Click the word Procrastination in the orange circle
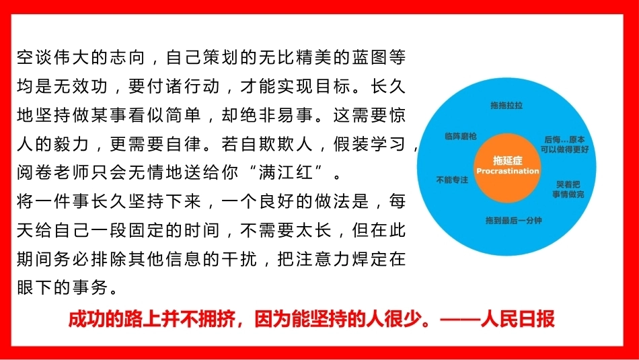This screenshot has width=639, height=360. pyautogui.click(x=507, y=171)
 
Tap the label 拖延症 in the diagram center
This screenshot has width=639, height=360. pyautogui.click(x=507, y=160)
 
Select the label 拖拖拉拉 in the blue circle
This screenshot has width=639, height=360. pyautogui.click(x=506, y=105)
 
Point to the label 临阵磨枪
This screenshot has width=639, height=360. pyautogui.click(x=461, y=136)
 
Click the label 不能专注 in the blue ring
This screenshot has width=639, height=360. pyautogui.click(x=452, y=180)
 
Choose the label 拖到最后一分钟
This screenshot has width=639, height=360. pyautogui.click(x=513, y=221)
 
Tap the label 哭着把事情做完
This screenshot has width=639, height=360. pyautogui.click(x=568, y=190)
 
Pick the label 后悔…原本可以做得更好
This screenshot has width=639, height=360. pyautogui.click(x=564, y=145)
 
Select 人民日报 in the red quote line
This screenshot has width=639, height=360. pyautogui.click(x=517, y=319)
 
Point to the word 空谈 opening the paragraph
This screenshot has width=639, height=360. pyautogui.click(x=34, y=57)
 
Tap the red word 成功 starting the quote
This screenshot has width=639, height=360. pyautogui.click(x=86, y=319)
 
